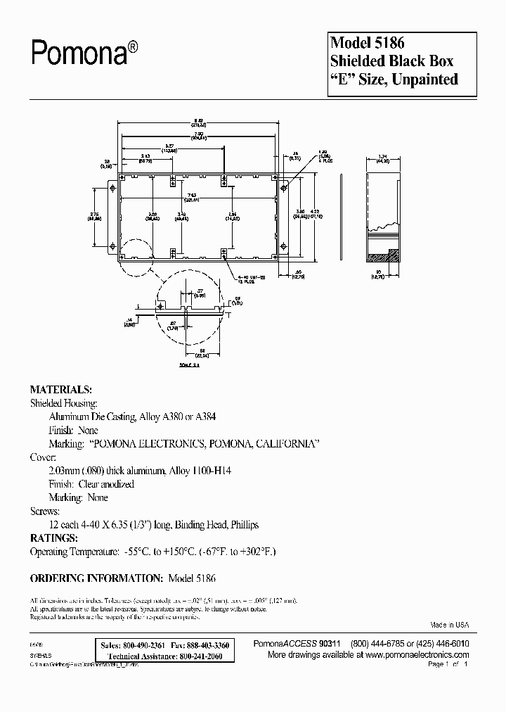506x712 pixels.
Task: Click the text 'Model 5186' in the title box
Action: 368,44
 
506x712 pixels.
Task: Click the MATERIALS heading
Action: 60,389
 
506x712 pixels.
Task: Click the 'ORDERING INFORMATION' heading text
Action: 95,578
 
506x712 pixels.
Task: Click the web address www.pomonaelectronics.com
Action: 415,654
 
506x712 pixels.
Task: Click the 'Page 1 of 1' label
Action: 447,664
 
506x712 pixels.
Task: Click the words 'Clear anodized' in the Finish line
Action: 105,484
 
